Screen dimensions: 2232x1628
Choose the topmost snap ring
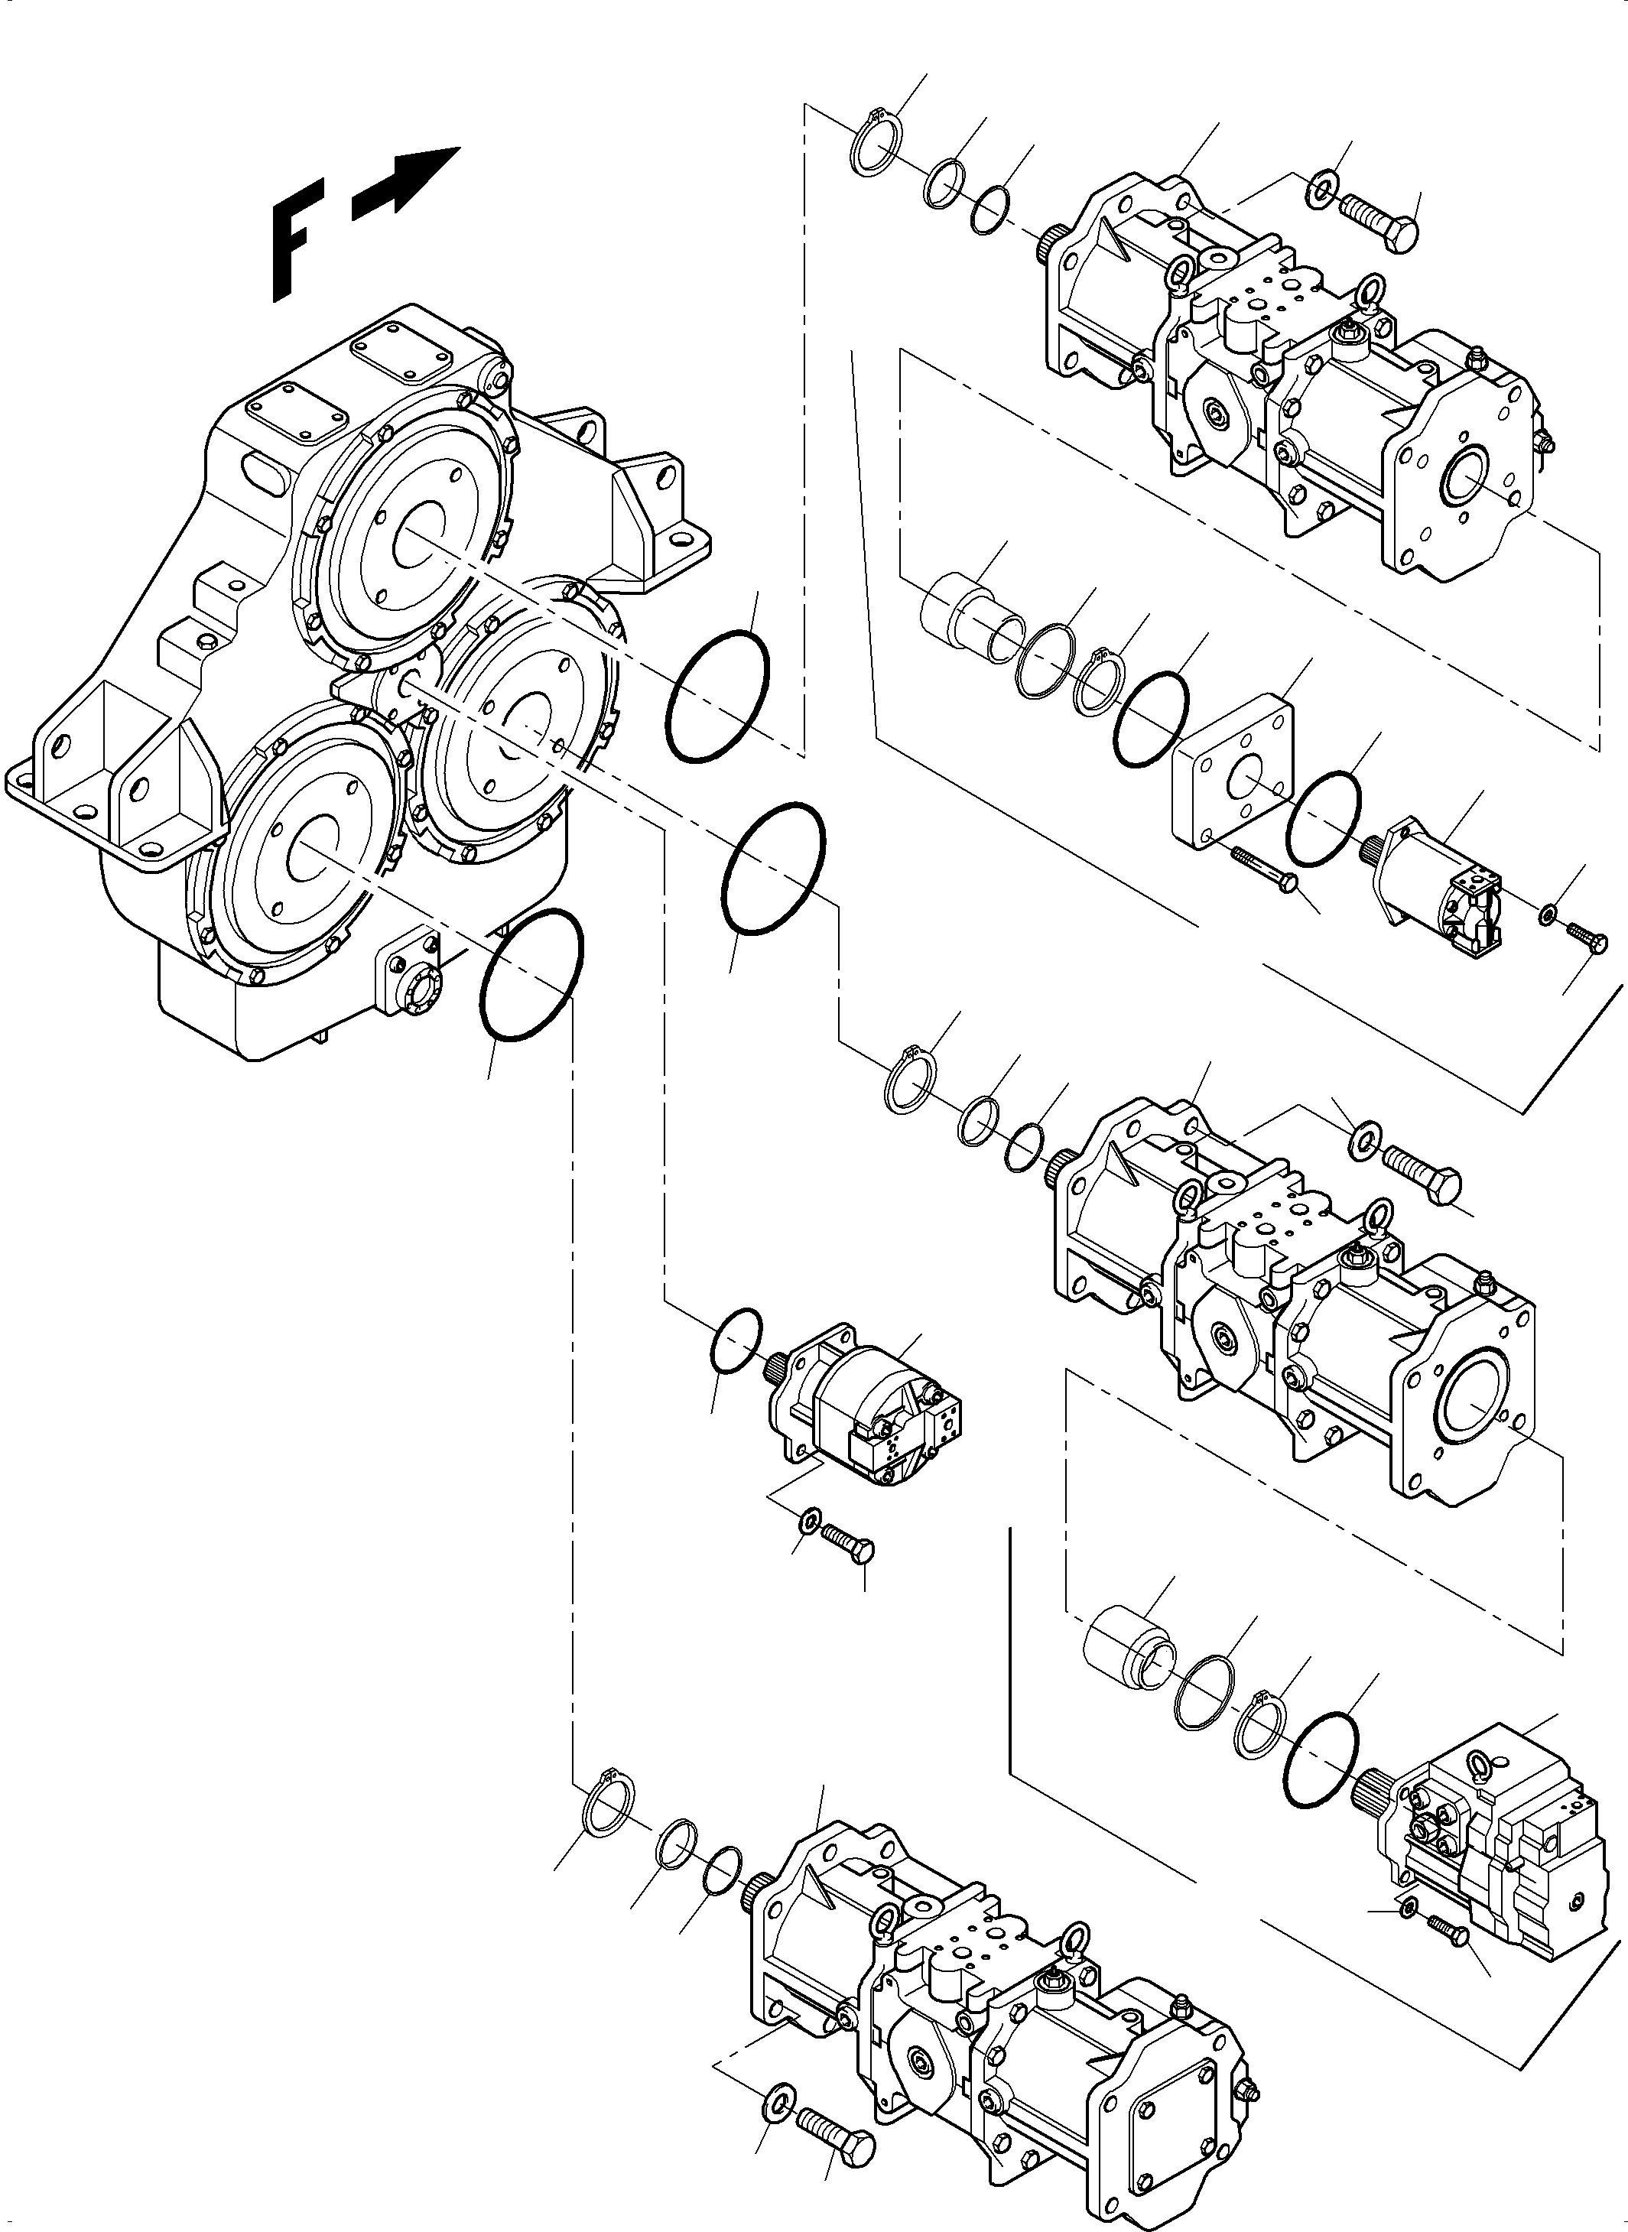874,146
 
